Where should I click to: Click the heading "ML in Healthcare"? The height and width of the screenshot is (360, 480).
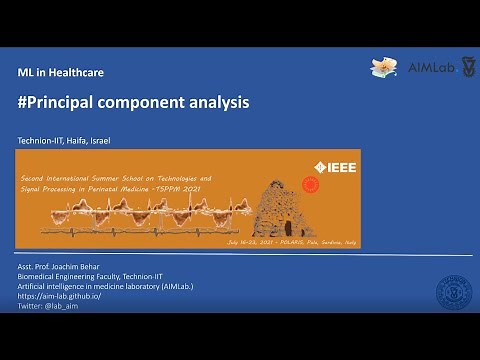61,73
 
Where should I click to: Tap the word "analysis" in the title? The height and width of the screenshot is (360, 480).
217,102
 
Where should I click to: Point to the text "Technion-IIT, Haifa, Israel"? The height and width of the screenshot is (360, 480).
64,139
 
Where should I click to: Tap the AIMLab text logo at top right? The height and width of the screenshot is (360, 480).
430,67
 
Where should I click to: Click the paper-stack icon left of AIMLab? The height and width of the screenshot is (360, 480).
385,67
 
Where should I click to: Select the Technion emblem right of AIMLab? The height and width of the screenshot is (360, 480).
468,67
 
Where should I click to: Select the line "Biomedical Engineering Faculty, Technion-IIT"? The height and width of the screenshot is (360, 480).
91,277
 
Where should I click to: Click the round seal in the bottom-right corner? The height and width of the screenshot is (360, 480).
455,294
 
